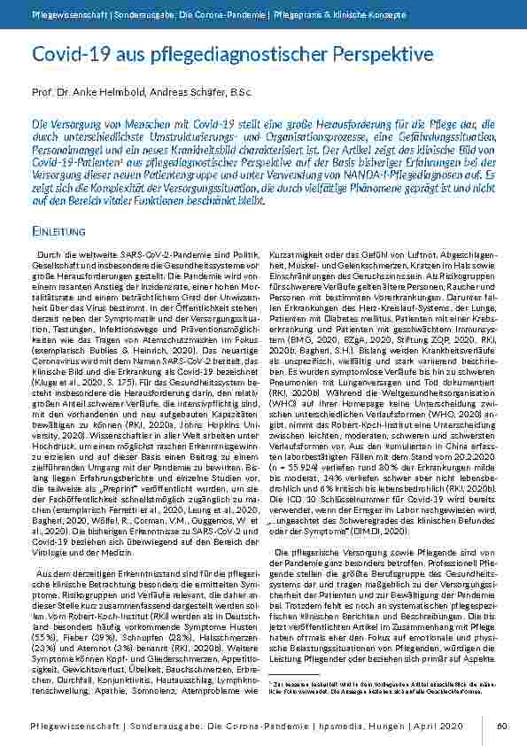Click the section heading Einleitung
click(58, 232)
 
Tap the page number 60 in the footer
click(501, 726)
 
